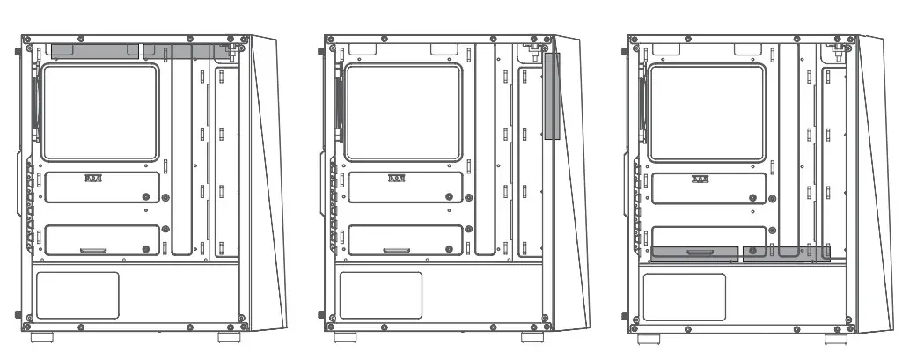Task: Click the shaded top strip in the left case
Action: point(141,52)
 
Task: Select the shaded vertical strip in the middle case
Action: point(552,96)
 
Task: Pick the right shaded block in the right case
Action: point(786,253)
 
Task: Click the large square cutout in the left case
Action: point(100,114)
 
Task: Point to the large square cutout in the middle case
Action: point(404,114)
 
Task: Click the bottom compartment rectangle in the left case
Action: point(77,295)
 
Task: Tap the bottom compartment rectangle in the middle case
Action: point(380,295)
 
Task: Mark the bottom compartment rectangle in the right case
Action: point(684,296)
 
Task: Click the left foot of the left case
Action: point(44,337)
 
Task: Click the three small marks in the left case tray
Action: point(93,178)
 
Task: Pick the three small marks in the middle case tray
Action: point(397,178)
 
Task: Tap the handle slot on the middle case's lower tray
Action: point(395,252)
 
